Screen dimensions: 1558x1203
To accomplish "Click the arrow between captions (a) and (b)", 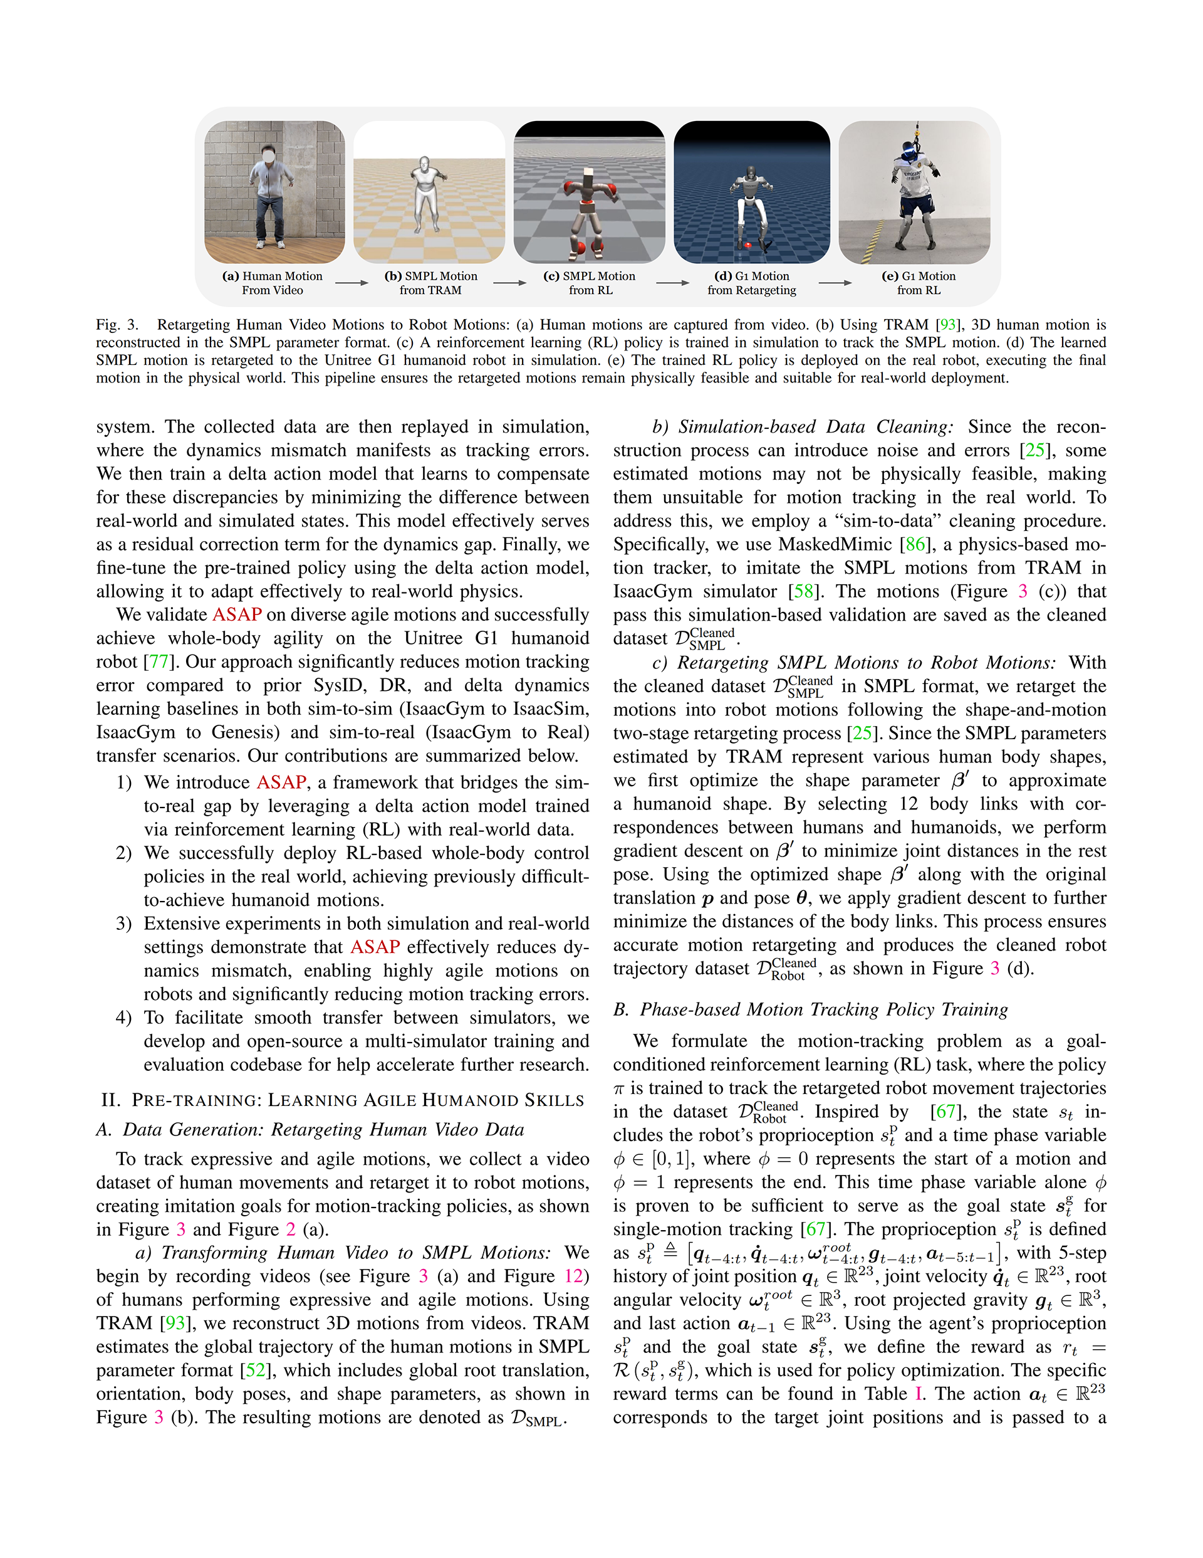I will click(x=352, y=283).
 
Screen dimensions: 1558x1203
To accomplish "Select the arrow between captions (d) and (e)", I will click(x=835, y=283).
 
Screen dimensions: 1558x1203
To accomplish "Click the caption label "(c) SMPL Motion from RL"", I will click(x=589, y=283).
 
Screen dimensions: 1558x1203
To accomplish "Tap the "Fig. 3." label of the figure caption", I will click(x=118, y=325).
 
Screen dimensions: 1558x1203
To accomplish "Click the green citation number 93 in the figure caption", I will click(x=948, y=325).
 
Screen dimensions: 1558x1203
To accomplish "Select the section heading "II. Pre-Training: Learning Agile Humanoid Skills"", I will click(x=343, y=1099).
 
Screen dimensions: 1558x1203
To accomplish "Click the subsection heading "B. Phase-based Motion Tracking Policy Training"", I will click(x=811, y=1009).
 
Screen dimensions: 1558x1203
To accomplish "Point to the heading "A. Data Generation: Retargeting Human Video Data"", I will click(x=310, y=1129).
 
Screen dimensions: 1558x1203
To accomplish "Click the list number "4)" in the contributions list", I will click(x=124, y=1018).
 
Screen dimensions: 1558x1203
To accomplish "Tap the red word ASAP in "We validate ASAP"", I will click(x=237, y=614).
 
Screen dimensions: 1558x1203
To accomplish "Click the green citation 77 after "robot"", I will click(x=159, y=661).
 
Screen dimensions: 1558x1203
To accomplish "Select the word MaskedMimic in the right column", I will click(x=835, y=544).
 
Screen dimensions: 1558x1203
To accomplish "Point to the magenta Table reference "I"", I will click(x=919, y=1393).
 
